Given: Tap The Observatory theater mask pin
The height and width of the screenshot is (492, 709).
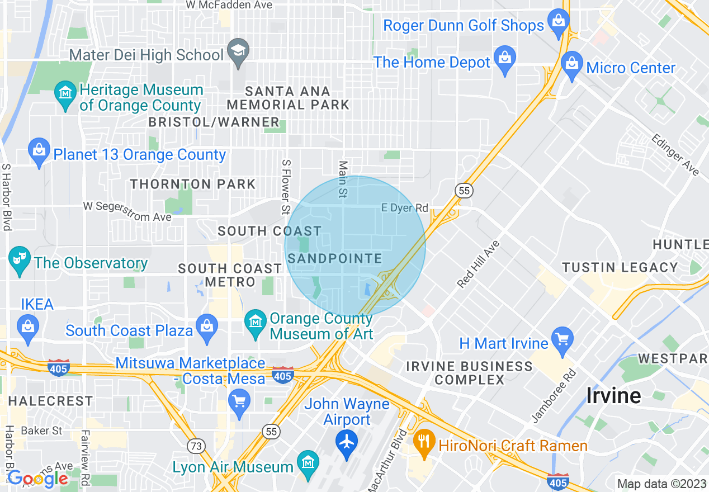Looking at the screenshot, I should pyautogui.click(x=20, y=260).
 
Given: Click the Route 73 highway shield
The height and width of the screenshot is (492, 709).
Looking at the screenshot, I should pyautogui.click(x=196, y=446).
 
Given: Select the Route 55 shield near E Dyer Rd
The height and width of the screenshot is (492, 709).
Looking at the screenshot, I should pyautogui.click(x=464, y=191).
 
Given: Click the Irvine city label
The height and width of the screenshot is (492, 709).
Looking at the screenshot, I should pyautogui.click(x=613, y=395).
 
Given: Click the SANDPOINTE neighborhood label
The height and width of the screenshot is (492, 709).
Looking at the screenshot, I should pyautogui.click(x=335, y=258).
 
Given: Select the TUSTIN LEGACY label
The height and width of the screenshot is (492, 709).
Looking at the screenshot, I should pyautogui.click(x=620, y=267).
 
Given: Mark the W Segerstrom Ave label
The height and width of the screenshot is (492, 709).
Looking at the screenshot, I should pyautogui.click(x=127, y=211).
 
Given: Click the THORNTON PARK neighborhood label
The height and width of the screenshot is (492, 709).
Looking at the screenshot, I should pyautogui.click(x=193, y=184).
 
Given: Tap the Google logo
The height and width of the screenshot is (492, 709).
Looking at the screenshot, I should pyautogui.click(x=37, y=479).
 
